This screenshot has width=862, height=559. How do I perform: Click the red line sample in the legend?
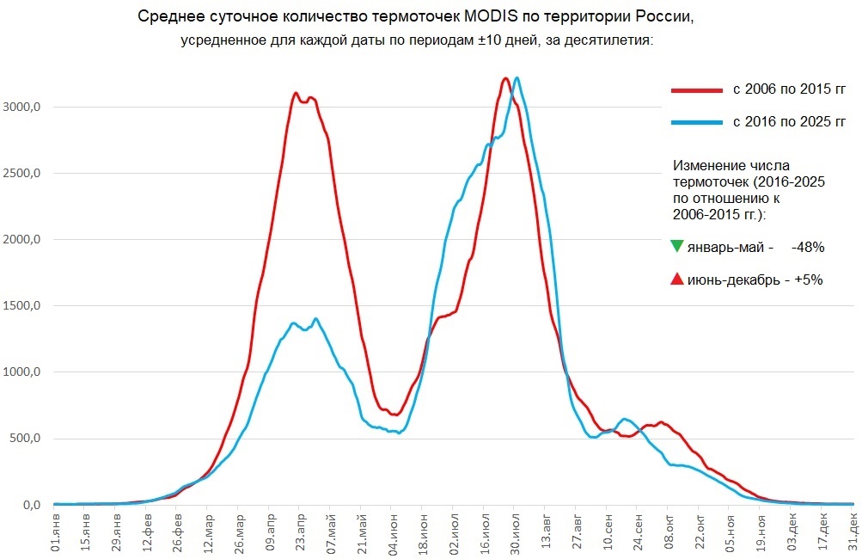(x=696, y=89)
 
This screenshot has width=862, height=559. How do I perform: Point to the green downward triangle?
(x=676, y=247)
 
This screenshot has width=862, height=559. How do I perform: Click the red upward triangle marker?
(x=676, y=279)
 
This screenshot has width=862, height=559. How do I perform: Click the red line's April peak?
(x=296, y=93)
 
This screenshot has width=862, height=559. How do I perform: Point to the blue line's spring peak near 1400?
(x=316, y=319)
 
